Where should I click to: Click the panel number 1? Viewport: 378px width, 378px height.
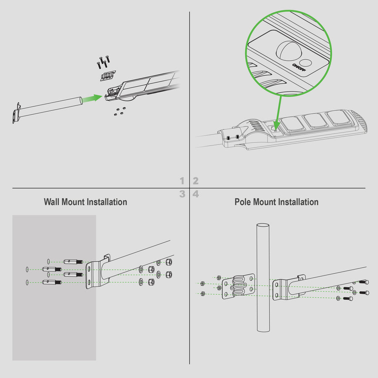(x=182, y=181)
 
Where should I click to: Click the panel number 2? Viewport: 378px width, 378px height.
(x=195, y=181)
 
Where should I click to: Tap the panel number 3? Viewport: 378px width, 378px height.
(x=182, y=194)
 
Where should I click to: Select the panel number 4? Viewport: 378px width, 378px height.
(x=196, y=194)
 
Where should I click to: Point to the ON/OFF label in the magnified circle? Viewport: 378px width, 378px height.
(x=299, y=67)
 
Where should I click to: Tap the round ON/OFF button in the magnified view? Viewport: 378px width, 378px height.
(x=307, y=63)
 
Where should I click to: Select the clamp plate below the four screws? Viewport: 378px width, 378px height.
(x=108, y=76)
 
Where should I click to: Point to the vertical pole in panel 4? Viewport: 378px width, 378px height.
(x=263, y=278)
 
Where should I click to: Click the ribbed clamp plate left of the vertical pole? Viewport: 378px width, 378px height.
(x=238, y=286)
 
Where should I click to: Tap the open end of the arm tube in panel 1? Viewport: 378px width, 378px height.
(x=81, y=100)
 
